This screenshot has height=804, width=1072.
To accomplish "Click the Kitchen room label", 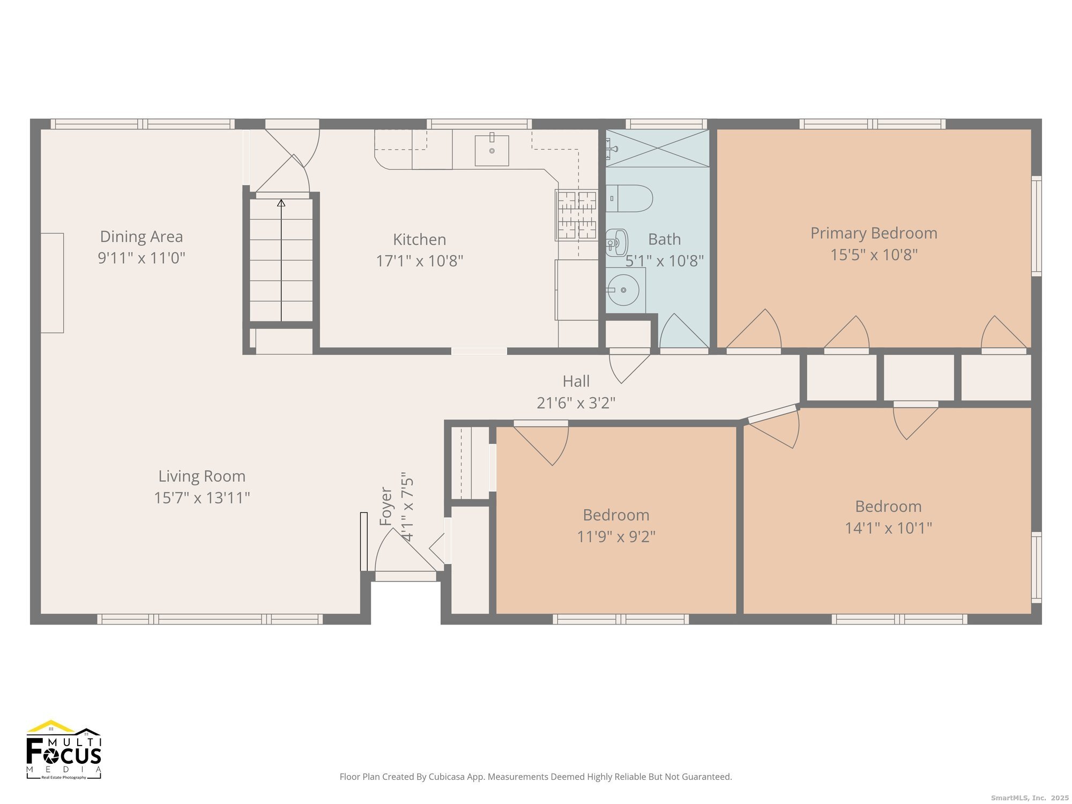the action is click(419, 240).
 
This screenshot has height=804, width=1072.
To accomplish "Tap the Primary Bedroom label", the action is click(874, 233).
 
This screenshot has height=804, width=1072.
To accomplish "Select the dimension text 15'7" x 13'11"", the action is click(202, 498).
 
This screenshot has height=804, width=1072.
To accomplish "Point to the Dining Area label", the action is click(142, 236).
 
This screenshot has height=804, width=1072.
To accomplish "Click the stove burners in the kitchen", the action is click(577, 215).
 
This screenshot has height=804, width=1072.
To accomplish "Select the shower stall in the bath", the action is click(658, 148).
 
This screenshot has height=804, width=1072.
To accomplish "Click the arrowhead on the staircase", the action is click(281, 203).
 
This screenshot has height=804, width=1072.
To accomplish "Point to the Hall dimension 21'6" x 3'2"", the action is click(576, 403).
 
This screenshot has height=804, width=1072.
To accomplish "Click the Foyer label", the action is click(386, 506).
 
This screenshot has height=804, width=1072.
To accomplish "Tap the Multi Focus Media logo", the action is click(64, 749).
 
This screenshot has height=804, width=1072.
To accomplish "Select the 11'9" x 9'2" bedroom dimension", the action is click(616, 537).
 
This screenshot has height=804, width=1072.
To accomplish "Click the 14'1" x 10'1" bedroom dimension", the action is click(889, 528).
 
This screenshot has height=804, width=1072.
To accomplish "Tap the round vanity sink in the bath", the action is click(623, 290).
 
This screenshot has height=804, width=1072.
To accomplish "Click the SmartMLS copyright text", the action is click(1029, 798).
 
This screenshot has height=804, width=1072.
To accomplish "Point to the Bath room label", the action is click(665, 239).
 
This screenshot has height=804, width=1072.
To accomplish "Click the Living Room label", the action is click(202, 476).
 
